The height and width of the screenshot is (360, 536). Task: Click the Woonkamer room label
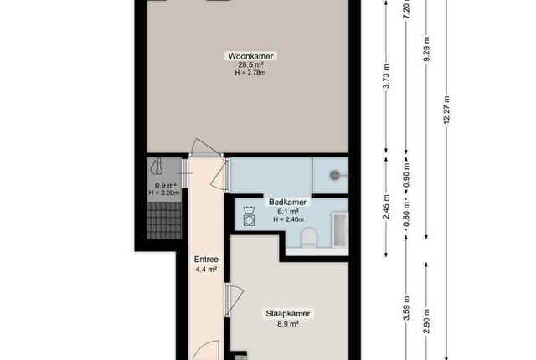(250, 55)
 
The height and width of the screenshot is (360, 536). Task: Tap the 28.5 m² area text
(250, 65)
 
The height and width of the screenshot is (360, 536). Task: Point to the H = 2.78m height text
(250, 73)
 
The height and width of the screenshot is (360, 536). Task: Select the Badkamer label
(287, 202)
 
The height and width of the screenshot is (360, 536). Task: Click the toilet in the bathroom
(309, 238)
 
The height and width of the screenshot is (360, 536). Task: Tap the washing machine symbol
(249, 216)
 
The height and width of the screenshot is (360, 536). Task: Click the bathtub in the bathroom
(340, 230)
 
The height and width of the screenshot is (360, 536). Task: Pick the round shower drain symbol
(334, 176)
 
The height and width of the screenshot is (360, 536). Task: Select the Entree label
(206, 260)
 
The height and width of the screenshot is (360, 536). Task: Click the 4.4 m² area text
(206, 269)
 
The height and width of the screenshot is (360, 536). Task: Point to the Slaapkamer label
(288, 314)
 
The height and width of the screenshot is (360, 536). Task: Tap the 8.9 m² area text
(288, 324)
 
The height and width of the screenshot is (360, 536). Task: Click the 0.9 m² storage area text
(166, 186)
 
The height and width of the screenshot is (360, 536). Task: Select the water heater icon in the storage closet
(157, 166)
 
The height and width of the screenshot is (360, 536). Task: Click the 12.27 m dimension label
(446, 111)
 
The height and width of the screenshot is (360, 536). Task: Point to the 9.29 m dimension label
(426, 49)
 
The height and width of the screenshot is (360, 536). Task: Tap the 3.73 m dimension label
(386, 76)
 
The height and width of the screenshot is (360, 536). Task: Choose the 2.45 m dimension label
(386, 207)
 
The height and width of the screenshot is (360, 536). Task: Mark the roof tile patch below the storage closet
(164, 221)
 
